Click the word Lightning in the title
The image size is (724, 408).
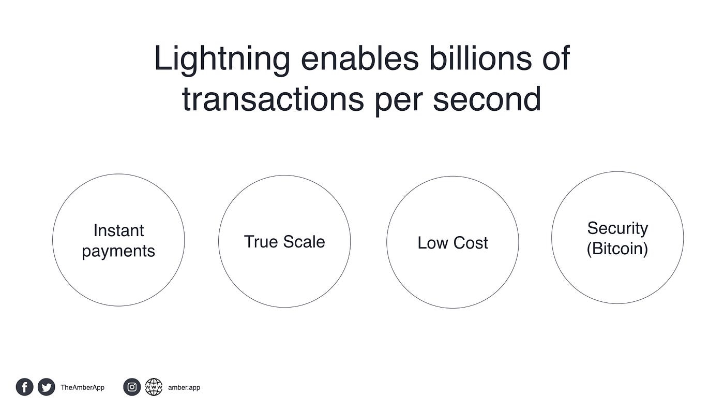click(222, 61)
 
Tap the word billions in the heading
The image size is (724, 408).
click(480, 58)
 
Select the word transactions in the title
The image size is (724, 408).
click(273, 99)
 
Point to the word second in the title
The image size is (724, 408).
click(487, 98)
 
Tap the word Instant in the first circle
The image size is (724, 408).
click(118, 230)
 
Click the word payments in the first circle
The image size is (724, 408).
click(118, 252)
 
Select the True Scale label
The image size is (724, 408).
click(284, 242)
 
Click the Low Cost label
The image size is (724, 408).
click(452, 243)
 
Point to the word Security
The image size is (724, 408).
click(617, 229)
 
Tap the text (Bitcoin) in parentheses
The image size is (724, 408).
click(617, 249)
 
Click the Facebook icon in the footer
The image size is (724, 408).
click(25, 387)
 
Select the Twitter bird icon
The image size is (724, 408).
click(46, 387)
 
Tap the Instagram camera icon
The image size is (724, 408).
click(132, 387)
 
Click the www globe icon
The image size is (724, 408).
click(154, 387)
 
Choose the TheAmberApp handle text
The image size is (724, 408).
click(82, 388)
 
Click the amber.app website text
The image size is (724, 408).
click(184, 388)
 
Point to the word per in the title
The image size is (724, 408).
click(399, 101)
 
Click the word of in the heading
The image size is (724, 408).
click(556, 58)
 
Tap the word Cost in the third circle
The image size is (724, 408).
click(471, 243)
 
